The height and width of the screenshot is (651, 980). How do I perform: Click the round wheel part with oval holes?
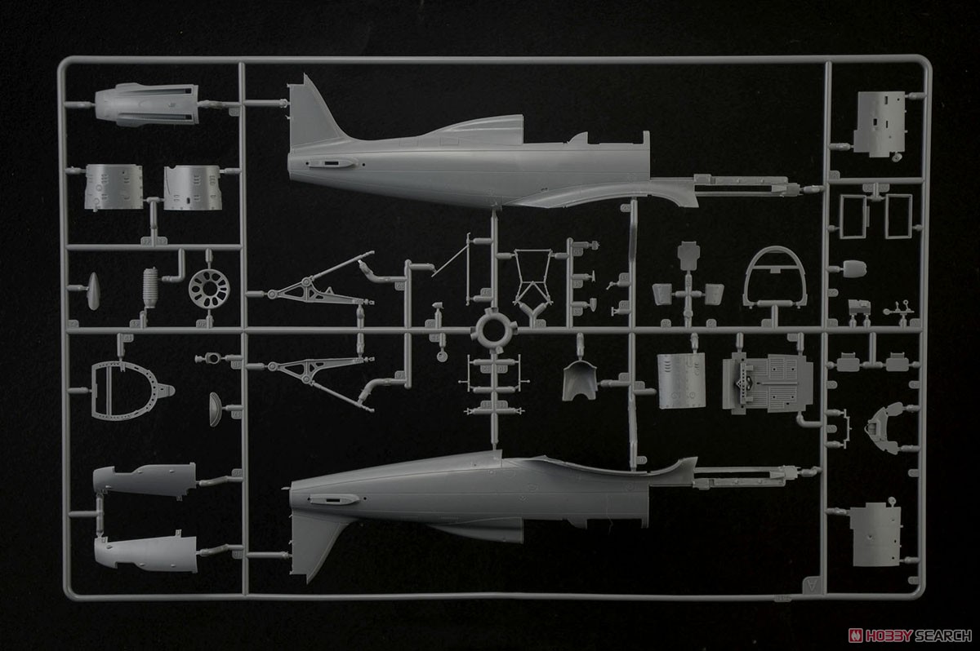tap(209, 289)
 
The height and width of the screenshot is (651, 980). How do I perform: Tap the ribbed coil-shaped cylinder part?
tap(150, 287)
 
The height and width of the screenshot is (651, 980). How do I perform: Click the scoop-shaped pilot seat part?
tap(580, 379)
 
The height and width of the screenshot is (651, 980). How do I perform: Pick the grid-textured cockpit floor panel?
tap(768, 383)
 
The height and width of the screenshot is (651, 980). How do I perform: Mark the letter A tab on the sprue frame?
tap(812, 585)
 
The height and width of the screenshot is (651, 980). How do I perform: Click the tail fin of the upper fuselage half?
tap(311, 113)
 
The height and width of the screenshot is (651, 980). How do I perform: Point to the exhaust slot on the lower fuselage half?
tap(332, 499)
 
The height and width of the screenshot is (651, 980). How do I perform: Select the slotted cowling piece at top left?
tap(147, 105)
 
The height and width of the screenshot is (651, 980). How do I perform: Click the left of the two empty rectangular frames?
tap(853, 216)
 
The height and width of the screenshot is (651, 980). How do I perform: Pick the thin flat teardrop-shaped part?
tap(93, 291)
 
